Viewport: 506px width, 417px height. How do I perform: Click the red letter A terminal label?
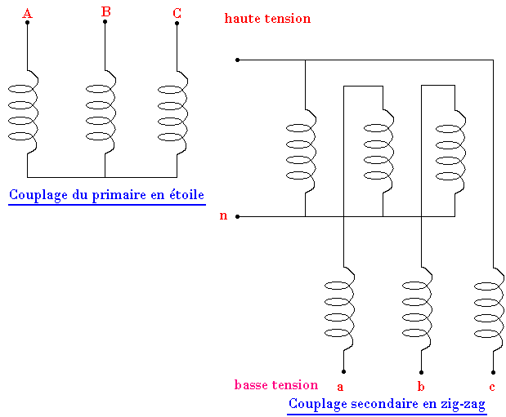(x=27, y=13)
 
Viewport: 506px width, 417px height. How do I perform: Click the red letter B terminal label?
(x=105, y=11)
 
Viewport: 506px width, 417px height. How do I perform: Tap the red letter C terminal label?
(x=177, y=12)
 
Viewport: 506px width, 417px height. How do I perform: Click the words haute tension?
(x=267, y=18)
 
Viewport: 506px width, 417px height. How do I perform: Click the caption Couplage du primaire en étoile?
(x=106, y=195)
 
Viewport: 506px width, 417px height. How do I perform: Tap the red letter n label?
(x=223, y=216)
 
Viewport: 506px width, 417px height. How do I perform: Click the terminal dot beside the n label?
(x=237, y=216)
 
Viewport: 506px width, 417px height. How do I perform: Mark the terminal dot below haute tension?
(x=237, y=60)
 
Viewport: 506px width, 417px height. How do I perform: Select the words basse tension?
(x=275, y=385)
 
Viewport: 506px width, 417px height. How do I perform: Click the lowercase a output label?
(x=340, y=386)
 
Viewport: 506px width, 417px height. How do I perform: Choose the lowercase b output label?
(x=420, y=385)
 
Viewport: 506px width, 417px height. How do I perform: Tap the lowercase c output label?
(x=491, y=386)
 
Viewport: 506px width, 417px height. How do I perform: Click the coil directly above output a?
(x=341, y=309)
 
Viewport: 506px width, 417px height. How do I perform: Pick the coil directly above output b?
(x=418, y=309)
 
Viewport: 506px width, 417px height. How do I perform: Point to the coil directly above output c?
(x=490, y=309)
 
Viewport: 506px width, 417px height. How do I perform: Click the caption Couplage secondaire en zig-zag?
(x=387, y=404)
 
